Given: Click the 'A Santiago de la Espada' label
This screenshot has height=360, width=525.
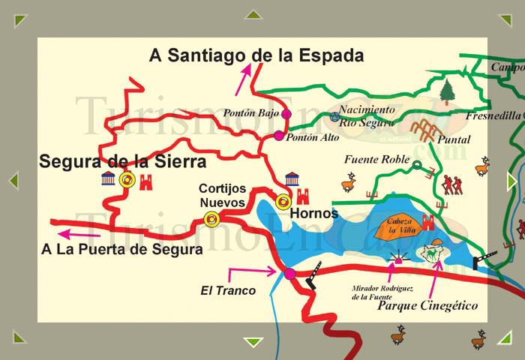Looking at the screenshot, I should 256,55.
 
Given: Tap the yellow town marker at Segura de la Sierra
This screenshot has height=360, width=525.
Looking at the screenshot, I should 127,180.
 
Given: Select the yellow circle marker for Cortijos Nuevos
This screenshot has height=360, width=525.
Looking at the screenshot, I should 212,219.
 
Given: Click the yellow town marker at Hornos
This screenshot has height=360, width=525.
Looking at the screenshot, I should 283,201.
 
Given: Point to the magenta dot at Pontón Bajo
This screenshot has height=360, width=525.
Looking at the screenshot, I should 286,114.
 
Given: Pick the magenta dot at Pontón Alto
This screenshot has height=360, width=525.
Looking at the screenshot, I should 279,136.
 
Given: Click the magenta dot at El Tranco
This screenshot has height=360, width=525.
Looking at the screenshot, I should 290,274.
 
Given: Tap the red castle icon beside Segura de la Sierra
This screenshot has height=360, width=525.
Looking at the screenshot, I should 145,181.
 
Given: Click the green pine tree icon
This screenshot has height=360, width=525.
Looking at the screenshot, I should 447,91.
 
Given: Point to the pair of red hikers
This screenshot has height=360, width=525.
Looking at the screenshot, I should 451,184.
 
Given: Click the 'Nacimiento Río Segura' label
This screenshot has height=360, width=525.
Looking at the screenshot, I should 367,115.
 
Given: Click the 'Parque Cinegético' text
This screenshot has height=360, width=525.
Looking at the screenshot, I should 427,306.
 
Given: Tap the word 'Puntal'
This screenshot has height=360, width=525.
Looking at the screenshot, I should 454,139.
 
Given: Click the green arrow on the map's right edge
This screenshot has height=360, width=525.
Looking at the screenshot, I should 511,181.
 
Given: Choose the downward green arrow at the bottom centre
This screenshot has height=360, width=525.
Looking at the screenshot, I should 254,342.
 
